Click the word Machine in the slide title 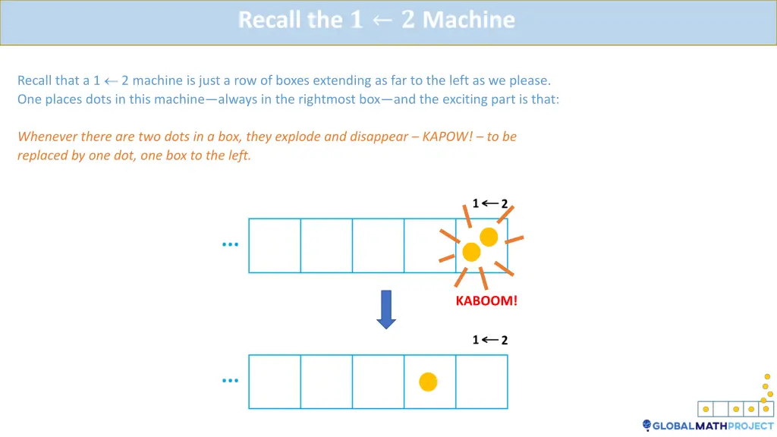pyautogui.click(x=468, y=20)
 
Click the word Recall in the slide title pyautogui.click(x=269, y=20)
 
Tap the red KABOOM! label pyautogui.click(x=486, y=301)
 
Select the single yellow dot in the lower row pyautogui.click(x=429, y=382)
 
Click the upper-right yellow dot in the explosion pyautogui.click(x=489, y=237)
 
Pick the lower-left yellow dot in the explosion pyautogui.click(x=471, y=252)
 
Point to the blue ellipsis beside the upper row pyautogui.click(x=230, y=245)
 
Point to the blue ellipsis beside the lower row pyautogui.click(x=230, y=381)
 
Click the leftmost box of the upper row pyautogui.click(x=275, y=245)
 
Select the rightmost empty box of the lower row pyautogui.click(x=481, y=382)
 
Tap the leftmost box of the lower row pyautogui.click(x=275, y=382)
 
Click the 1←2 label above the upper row pyautogui.click(x=489, y=203)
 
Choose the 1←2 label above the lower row pyautogui.click(x=489, y=340)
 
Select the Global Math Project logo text pyautogui.click(x=713, y=426)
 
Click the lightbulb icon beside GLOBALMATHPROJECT pyautogui.click(x=646, y=426)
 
